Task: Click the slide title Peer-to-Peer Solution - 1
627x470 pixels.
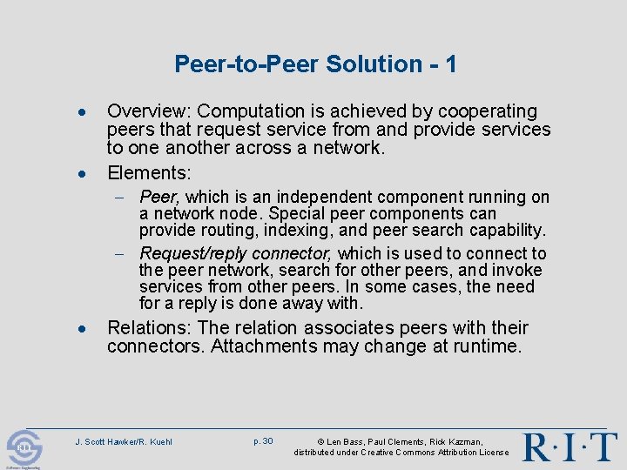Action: pos(315,64)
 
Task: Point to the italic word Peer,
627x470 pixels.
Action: pos(159,198)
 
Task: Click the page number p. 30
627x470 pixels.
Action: pos(263,441)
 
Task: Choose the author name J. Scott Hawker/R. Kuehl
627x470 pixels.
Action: pos(124,442)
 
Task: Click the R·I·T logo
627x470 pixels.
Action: pos(570,446)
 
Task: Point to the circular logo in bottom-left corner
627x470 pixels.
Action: pos(24,448)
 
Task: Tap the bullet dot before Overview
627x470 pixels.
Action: pos(81,113)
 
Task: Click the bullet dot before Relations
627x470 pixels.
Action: pos(81,329)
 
